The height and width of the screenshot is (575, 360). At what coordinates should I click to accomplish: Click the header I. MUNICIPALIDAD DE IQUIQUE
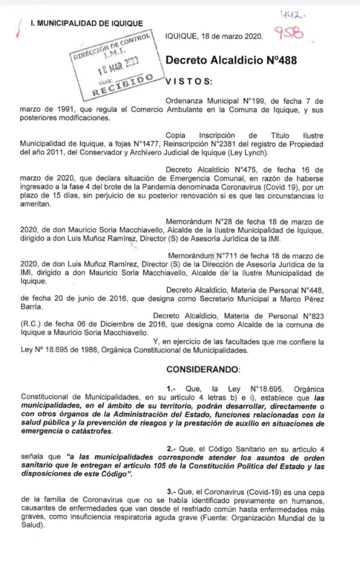pos(86,23)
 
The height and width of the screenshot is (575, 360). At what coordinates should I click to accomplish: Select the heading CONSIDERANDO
pos(203,369)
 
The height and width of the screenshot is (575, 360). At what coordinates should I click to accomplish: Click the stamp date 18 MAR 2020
pos(119,67)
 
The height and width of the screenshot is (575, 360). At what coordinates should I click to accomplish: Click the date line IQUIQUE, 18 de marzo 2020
pos(214,36)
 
